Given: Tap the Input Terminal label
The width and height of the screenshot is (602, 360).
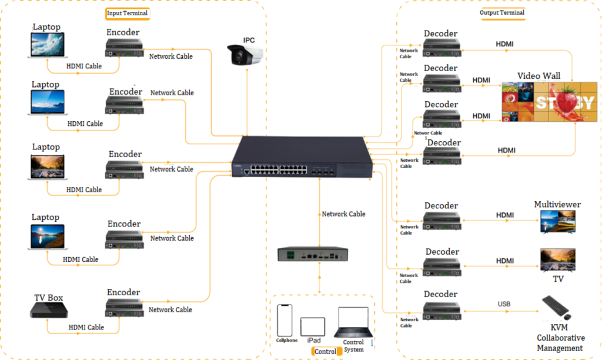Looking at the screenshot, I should (x=127, y=13).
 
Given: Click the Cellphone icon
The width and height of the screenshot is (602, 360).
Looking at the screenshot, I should (x=285, y=320).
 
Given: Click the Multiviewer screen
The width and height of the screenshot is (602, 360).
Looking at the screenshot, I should (x=557, y=222).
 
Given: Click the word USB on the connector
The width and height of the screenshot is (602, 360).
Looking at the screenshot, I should (x=504, y=304).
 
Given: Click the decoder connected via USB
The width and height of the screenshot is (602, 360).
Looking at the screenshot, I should (x=442, y=309).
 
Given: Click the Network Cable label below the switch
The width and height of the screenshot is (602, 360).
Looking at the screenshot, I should (x=343, y=214).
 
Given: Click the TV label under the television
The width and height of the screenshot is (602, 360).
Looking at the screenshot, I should (x=558, y=279).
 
